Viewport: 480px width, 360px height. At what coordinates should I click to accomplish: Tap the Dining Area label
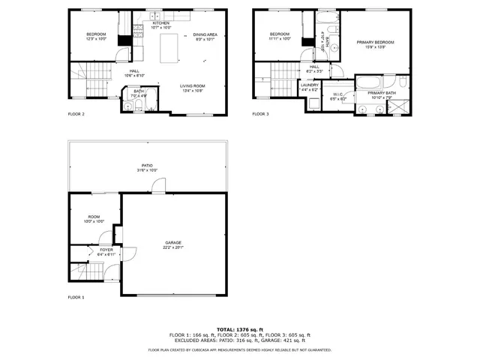click(205, 35)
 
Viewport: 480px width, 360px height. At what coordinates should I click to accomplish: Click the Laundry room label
click(310, 86)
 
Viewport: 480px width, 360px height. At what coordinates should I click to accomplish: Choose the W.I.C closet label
click(337, 95)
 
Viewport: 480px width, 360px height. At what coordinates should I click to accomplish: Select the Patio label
click(148, 166)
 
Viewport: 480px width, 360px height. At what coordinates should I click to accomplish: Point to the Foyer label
click(96, 251)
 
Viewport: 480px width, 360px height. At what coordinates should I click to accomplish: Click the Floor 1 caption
click(76, 298)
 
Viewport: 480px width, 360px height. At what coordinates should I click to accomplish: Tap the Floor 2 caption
click(76, 114)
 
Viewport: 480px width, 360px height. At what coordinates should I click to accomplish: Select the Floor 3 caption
click(259, 114)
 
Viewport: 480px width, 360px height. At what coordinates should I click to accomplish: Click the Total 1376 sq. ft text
click(240, 329)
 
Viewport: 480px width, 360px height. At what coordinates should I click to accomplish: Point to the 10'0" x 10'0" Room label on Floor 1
click(94, 219)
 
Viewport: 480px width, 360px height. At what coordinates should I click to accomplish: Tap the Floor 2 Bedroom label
click(96, 35)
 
